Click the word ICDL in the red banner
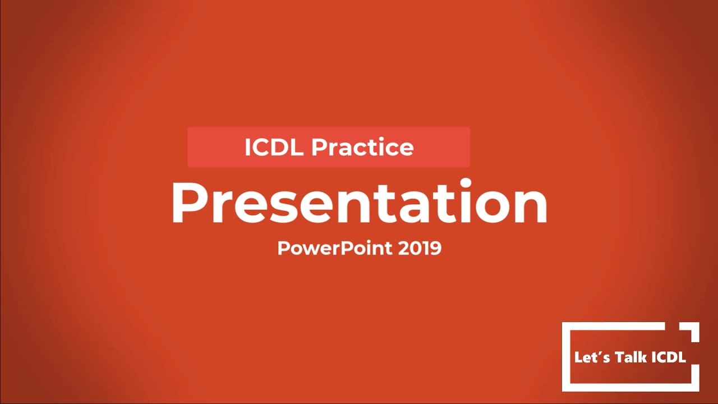(x=274, y=148)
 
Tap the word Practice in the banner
(x=362, y=148)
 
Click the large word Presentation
(x=359, y=203)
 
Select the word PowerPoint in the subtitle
(x=335, y=248)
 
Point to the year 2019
(x=420, y=248)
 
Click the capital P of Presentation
(x=188, y=203)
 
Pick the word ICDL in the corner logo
(x=668, y=357)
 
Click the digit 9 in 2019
(x=435, y=248)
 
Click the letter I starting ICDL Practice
(x=247, y=148)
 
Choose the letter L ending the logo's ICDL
(x=682, y=357)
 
